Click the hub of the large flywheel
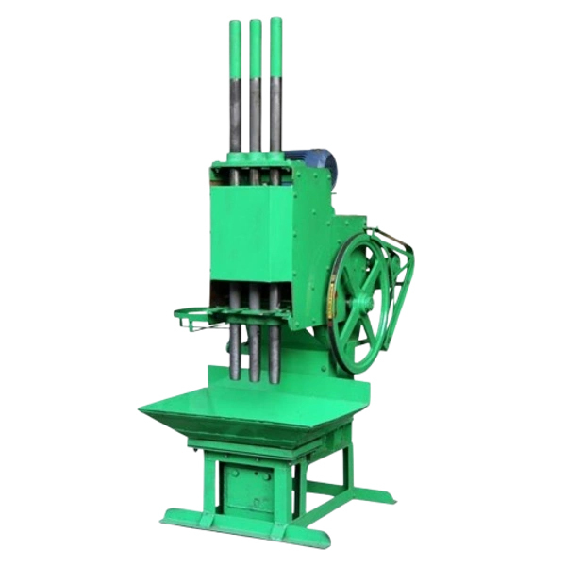[361, 301]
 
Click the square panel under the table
[247, 487]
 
